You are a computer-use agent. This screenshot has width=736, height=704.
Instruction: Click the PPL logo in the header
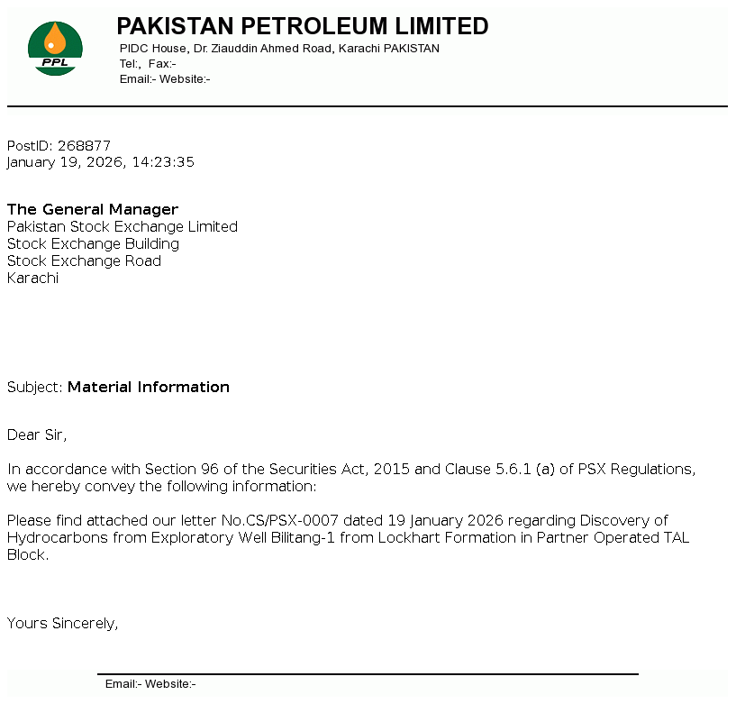(55, 48)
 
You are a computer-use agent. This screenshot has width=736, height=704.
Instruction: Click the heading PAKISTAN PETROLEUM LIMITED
(303, 26)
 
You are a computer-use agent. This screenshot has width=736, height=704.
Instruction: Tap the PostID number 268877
(84, 145)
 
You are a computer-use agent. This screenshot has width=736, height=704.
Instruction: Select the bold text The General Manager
(93, 209)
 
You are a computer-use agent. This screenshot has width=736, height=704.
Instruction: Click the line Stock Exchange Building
(93, 243)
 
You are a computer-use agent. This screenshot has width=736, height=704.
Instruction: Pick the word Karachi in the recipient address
(32, 278)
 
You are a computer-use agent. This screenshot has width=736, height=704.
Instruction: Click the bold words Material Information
(149, 387)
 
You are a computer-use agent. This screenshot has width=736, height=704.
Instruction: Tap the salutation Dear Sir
(36, 434)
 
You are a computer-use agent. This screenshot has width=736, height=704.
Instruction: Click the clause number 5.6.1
(513, 469)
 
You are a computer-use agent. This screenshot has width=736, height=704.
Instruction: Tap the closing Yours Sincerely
(62, 623)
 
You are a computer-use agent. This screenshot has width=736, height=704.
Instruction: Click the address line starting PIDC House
(279, 49)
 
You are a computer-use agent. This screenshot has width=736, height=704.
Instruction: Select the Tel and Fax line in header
(148, 64)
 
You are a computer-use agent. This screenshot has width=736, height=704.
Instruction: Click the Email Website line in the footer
(150, 684)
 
